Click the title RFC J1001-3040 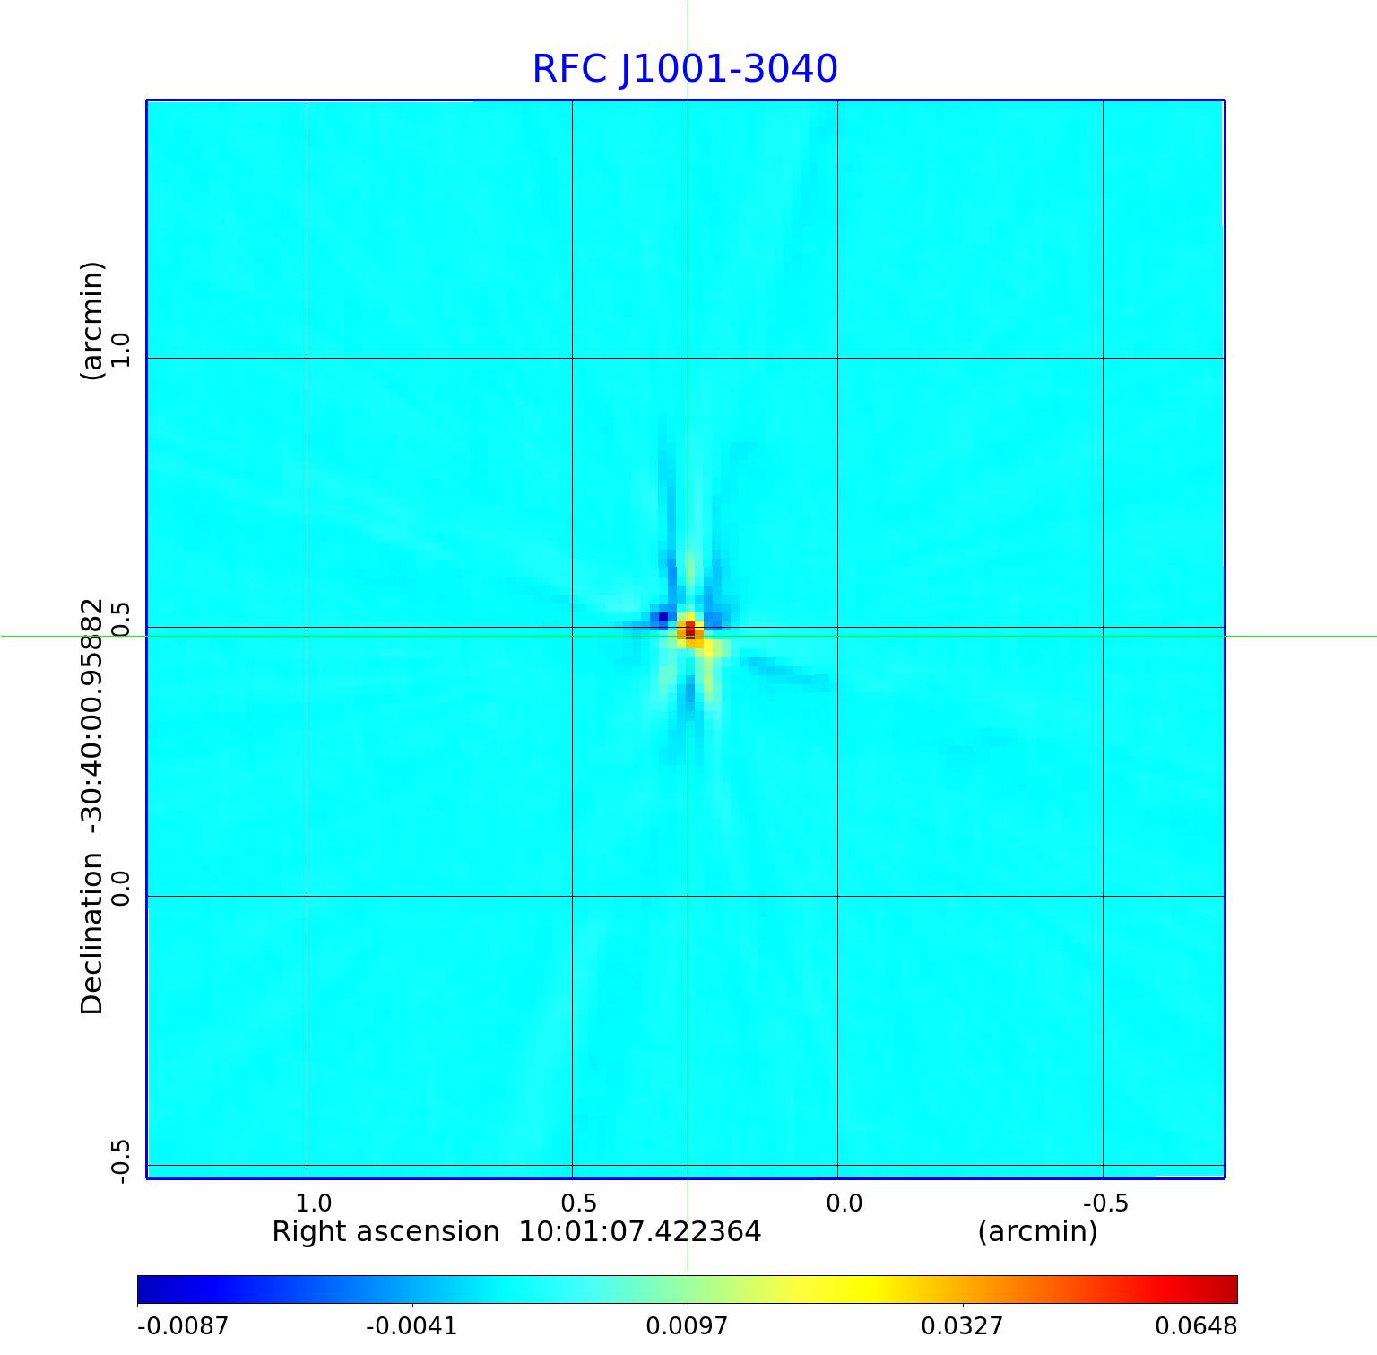click(685, 69)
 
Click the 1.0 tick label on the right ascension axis click(313, 1203)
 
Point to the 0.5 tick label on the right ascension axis click(578, 1203)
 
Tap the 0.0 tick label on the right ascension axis click(844, 1203)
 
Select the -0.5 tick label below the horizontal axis click(1105, 1203)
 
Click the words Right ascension click(385, 1232)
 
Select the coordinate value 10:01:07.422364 click(640, 1232)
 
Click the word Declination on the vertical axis click(92, 934)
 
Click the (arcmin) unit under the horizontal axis click(1037, 1232)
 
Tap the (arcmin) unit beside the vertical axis click(92, 321)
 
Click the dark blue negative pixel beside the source click(663, 617)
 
